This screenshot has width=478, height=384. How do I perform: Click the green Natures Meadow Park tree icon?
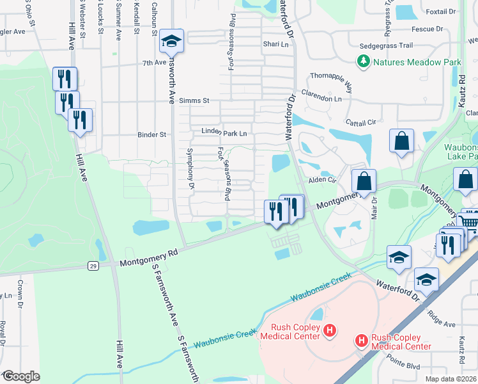pyautogui.click(x=364, y=62)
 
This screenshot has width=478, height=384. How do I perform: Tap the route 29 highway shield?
pyautogui.click(x=93, y=266)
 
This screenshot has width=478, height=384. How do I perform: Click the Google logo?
pyautogui.click(x=20, y=376)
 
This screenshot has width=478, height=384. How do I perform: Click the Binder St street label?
pyautogui.click(x=152, y=135)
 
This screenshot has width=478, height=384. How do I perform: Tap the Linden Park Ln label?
pyautogui.click(x=224, y=133)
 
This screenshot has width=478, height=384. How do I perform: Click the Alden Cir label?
pyautogui.click(x=323, y=180)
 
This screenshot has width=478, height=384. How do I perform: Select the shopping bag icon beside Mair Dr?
pyautogui.click(x=364, y=182)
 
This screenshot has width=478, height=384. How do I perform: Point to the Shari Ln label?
pyautogui.click(x=276, y=44)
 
